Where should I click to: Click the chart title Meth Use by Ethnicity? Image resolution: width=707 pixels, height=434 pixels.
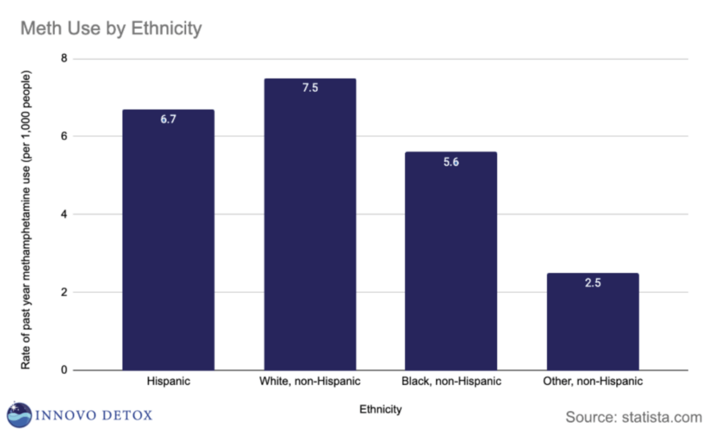click(111, 28)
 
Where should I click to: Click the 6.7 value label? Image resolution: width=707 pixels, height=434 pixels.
click(169, 119)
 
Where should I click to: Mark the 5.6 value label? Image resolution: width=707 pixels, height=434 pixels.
click(451, 162)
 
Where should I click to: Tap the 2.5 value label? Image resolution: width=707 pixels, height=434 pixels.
click(592, 282)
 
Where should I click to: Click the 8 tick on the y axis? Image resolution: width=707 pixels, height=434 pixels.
click(64, 58)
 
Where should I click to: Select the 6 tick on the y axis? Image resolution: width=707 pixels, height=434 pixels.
click(64, 136)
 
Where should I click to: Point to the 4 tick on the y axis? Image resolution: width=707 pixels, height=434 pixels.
click(64, 214)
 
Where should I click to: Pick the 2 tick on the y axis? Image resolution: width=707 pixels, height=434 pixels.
click(64, 292)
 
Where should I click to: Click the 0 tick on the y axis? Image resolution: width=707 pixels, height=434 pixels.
click(64, 370)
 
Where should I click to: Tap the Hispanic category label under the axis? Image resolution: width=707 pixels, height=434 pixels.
click(169, 382)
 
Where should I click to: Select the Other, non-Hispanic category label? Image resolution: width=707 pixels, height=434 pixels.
click(592, 382)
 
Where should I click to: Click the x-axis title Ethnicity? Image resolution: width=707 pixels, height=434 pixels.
click(381, 409)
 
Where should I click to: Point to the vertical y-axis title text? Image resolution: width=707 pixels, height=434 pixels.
click(26, 219)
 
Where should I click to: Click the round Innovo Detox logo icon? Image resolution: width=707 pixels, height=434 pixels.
click(19, 415)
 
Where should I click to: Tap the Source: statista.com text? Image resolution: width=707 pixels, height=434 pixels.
click(633, 417)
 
